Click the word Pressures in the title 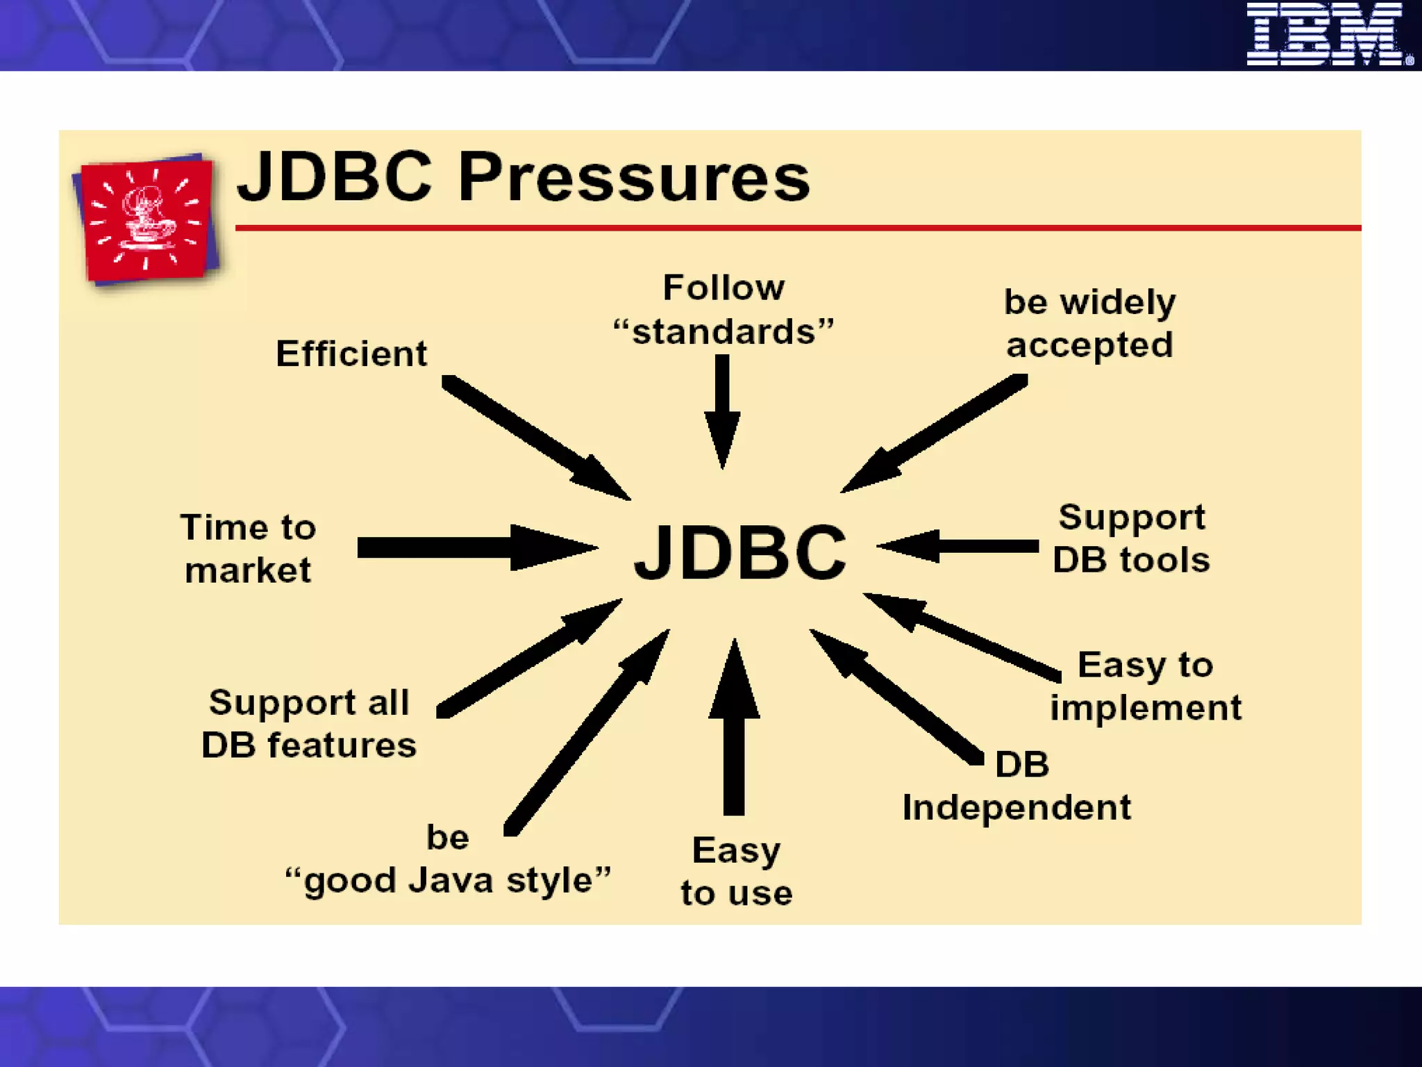coord(633,178)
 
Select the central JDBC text coord(740,552)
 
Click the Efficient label coord(351,354)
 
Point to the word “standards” coord(723,332)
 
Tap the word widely coord(1118,303)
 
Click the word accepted coord(1089,345)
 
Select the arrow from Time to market coord(472,548)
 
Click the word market coord(248,571)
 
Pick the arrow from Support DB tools coord(958,546)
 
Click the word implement coord(1146,708)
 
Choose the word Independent coord(1017,808)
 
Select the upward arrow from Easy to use coord(734,729)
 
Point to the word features coord(342,745)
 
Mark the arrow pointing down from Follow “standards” coord(722,410)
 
